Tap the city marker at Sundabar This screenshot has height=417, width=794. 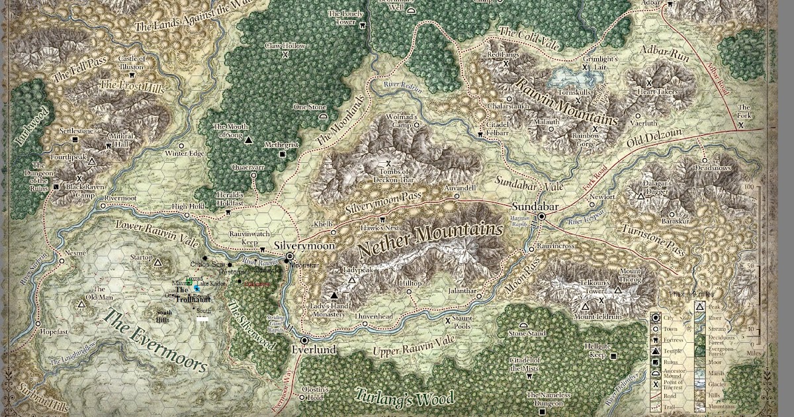541,216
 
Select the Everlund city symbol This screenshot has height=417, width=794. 304,340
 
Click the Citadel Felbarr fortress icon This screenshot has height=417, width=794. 480,134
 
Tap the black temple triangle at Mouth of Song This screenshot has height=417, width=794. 249,140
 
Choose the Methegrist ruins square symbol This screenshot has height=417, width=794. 283,154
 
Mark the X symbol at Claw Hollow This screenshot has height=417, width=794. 285,56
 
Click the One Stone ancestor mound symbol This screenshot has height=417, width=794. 323,116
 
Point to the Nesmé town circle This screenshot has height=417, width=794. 62,261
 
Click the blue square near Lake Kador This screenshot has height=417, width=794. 197,288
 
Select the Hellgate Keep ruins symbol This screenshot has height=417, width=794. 615,355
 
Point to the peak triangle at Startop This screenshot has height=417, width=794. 157,263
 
